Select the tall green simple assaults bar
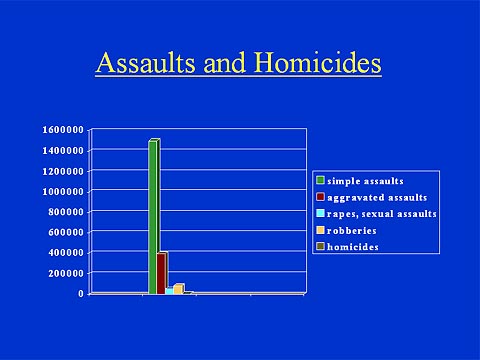[x=153, y=215]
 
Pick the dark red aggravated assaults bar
[x=161, y=272]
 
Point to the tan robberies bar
[x=178, y=289]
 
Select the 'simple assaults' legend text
[x=366, y=181]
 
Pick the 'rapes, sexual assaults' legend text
[x=383, y=214]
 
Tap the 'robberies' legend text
[x=350, y=230]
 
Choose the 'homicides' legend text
[x=353, y=247]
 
